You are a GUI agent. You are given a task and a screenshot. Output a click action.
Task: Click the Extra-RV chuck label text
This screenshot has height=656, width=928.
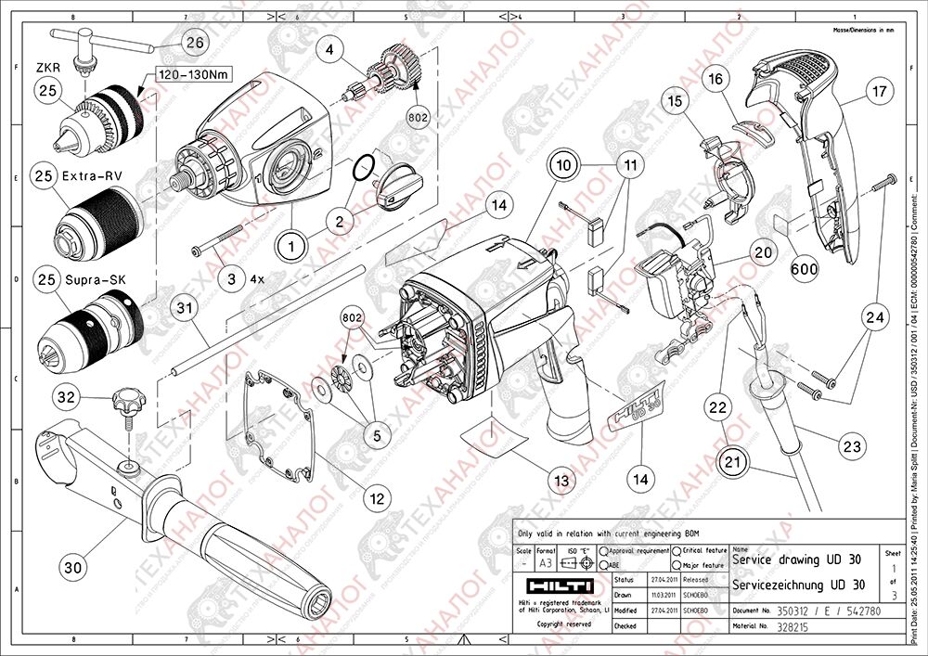[x=95, y=174]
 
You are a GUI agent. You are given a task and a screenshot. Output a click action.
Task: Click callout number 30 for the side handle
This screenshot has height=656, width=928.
[x=75, y=564]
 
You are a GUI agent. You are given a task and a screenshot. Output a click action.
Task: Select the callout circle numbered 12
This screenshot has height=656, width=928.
[x=376, y=498]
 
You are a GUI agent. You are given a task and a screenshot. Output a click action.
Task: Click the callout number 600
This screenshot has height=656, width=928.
[x=806, y=268]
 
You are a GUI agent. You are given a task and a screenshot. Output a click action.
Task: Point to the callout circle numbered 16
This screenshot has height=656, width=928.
[x=715, y=80]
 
